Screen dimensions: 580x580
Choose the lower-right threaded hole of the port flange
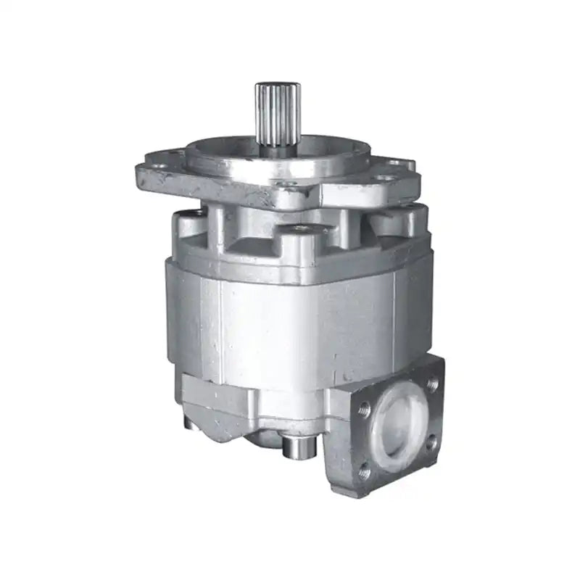432,442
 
